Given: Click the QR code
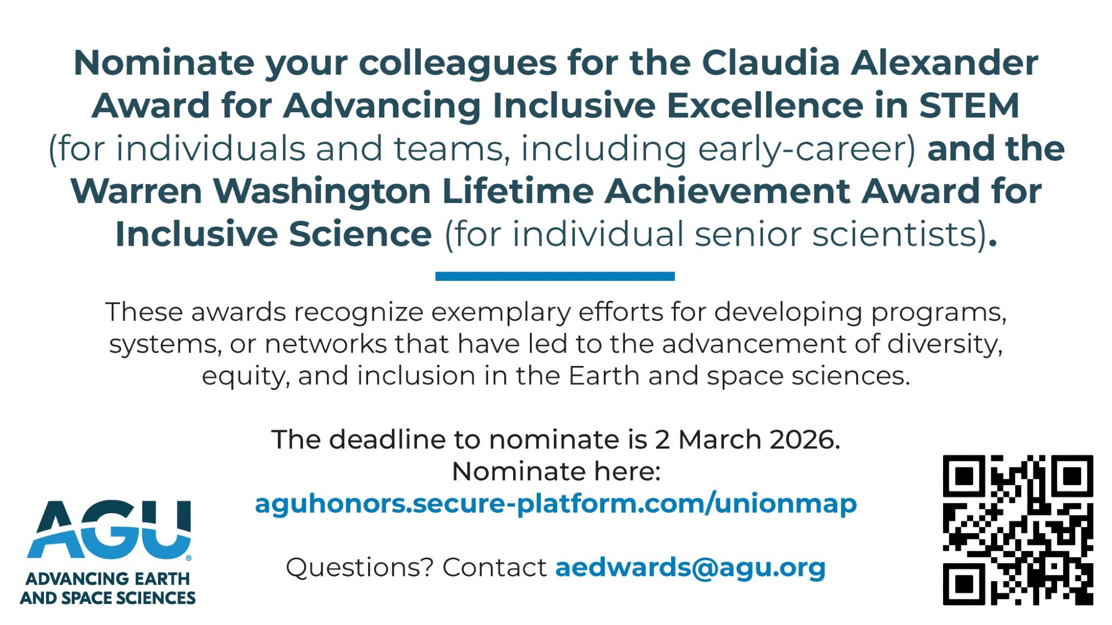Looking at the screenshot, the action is pos(1017,530).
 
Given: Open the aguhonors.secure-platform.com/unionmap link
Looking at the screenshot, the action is pos(555,504).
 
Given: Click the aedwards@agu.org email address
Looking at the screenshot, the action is pos(690,568).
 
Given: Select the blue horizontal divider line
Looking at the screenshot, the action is pos(555,276).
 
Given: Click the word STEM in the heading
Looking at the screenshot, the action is pos(969,105).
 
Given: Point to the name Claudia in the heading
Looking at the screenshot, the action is pos(771,62).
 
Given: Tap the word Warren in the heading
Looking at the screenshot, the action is pos(136,191).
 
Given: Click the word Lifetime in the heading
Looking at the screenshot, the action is pos(518,191).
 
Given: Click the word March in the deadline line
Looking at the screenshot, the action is pos(719,440).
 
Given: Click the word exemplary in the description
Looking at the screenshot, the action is pos(500,312).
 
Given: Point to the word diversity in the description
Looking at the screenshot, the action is pos(945,344).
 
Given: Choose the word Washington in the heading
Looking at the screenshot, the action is pos(322,192).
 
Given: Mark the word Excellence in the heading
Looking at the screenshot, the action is pos(765,105).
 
